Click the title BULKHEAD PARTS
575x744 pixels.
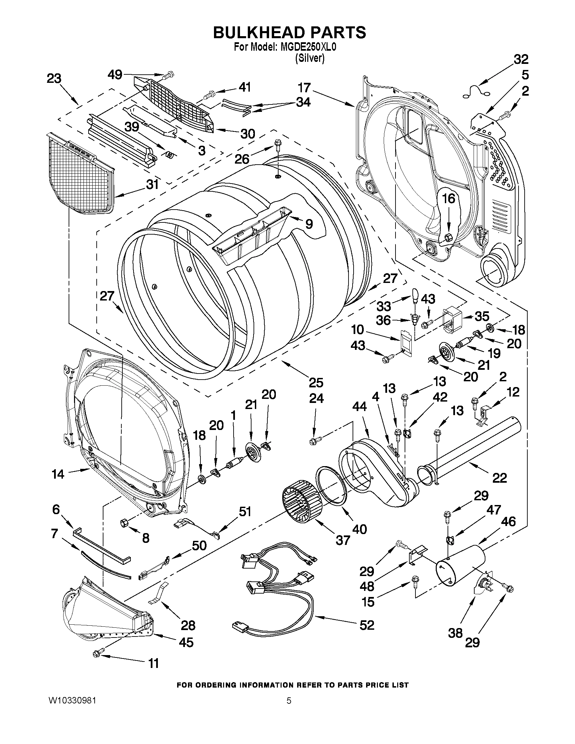[x=289, y=32]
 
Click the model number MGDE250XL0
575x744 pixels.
[x=308, y=47]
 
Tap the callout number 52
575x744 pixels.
[x=367, y=625]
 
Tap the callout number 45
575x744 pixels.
[x=186, y=642]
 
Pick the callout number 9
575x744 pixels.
[x=309, y=224]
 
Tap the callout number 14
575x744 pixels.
[x=58, y=474]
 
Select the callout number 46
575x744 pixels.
[x=508, y=522]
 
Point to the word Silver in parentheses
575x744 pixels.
[x=310, y=58]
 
